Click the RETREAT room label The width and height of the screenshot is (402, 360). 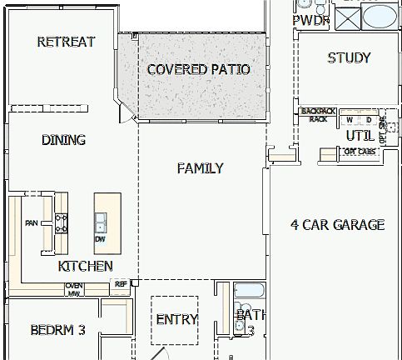[66, 42]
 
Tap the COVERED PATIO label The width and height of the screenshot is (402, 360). [198, 69]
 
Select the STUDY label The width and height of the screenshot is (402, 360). [349, 57]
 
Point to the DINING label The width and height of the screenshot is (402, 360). [63, 140]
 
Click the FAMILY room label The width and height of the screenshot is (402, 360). [200, 168]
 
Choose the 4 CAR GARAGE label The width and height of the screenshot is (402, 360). [337, 224]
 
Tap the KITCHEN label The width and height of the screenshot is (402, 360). [85, 267]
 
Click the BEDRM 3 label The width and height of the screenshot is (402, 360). [58, 330]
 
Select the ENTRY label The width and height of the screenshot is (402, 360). [176, 319]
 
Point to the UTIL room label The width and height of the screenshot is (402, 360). [360, 135]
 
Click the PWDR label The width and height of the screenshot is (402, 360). [310, 19]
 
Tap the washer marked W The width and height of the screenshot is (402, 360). [349, 119]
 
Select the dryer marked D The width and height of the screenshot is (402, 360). [368, 119]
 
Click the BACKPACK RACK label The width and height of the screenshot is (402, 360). [317, 115]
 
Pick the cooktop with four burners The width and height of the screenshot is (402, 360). [61, 222]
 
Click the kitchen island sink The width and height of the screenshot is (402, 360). [101, 222]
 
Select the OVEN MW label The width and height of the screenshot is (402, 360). [73, 289]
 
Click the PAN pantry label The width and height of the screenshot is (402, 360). [31, 222]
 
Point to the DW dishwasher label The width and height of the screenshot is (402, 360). [100, 239]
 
